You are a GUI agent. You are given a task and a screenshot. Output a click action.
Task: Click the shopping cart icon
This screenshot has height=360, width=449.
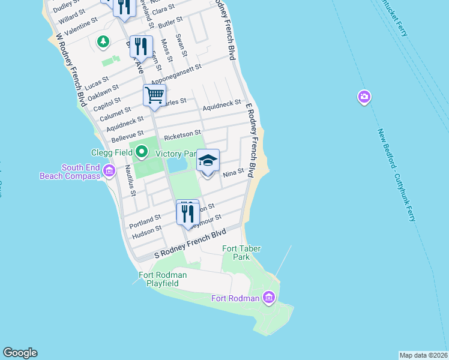click(x=154, y=95)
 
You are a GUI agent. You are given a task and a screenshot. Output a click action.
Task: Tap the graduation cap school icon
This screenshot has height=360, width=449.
click(x=208, y=161)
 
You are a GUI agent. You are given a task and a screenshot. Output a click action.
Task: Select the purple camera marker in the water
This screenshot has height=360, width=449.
click(x=364, y=97)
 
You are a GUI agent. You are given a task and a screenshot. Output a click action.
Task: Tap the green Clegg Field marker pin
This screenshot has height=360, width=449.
click(x=142, y=152)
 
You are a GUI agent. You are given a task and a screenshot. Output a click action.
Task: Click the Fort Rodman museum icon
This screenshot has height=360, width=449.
click(x=268, y=298)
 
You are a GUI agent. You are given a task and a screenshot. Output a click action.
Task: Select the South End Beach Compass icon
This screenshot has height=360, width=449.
click(x=109, y=172)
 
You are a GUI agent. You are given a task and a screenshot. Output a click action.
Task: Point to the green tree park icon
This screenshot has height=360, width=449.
click(x=104, y=41)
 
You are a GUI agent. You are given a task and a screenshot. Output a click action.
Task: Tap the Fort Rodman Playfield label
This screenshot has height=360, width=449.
click(x=163, y=279)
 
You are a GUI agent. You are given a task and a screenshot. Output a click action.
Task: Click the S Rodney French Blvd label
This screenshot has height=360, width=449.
click(x=190, y=245)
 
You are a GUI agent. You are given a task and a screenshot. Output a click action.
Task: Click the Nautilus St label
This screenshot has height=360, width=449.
click(x=131, y=184)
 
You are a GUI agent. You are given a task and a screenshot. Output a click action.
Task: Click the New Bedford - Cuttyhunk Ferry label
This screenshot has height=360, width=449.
click(x=396, y=174)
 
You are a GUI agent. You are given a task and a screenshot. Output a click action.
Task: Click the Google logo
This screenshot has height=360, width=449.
click(x=20, y=353)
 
